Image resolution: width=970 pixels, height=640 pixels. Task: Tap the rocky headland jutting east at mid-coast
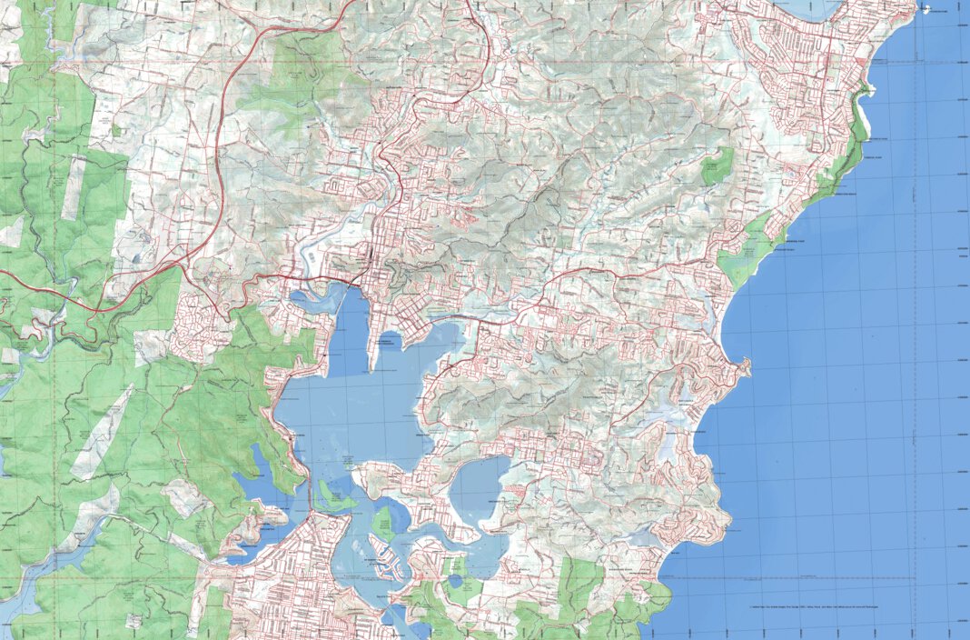click(744, 367)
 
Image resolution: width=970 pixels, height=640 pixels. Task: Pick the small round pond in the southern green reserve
click(453, 580)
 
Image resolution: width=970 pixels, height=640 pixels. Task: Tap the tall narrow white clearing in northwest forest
click(72, 186)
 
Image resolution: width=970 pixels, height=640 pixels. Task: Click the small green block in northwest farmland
click(116, 131)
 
